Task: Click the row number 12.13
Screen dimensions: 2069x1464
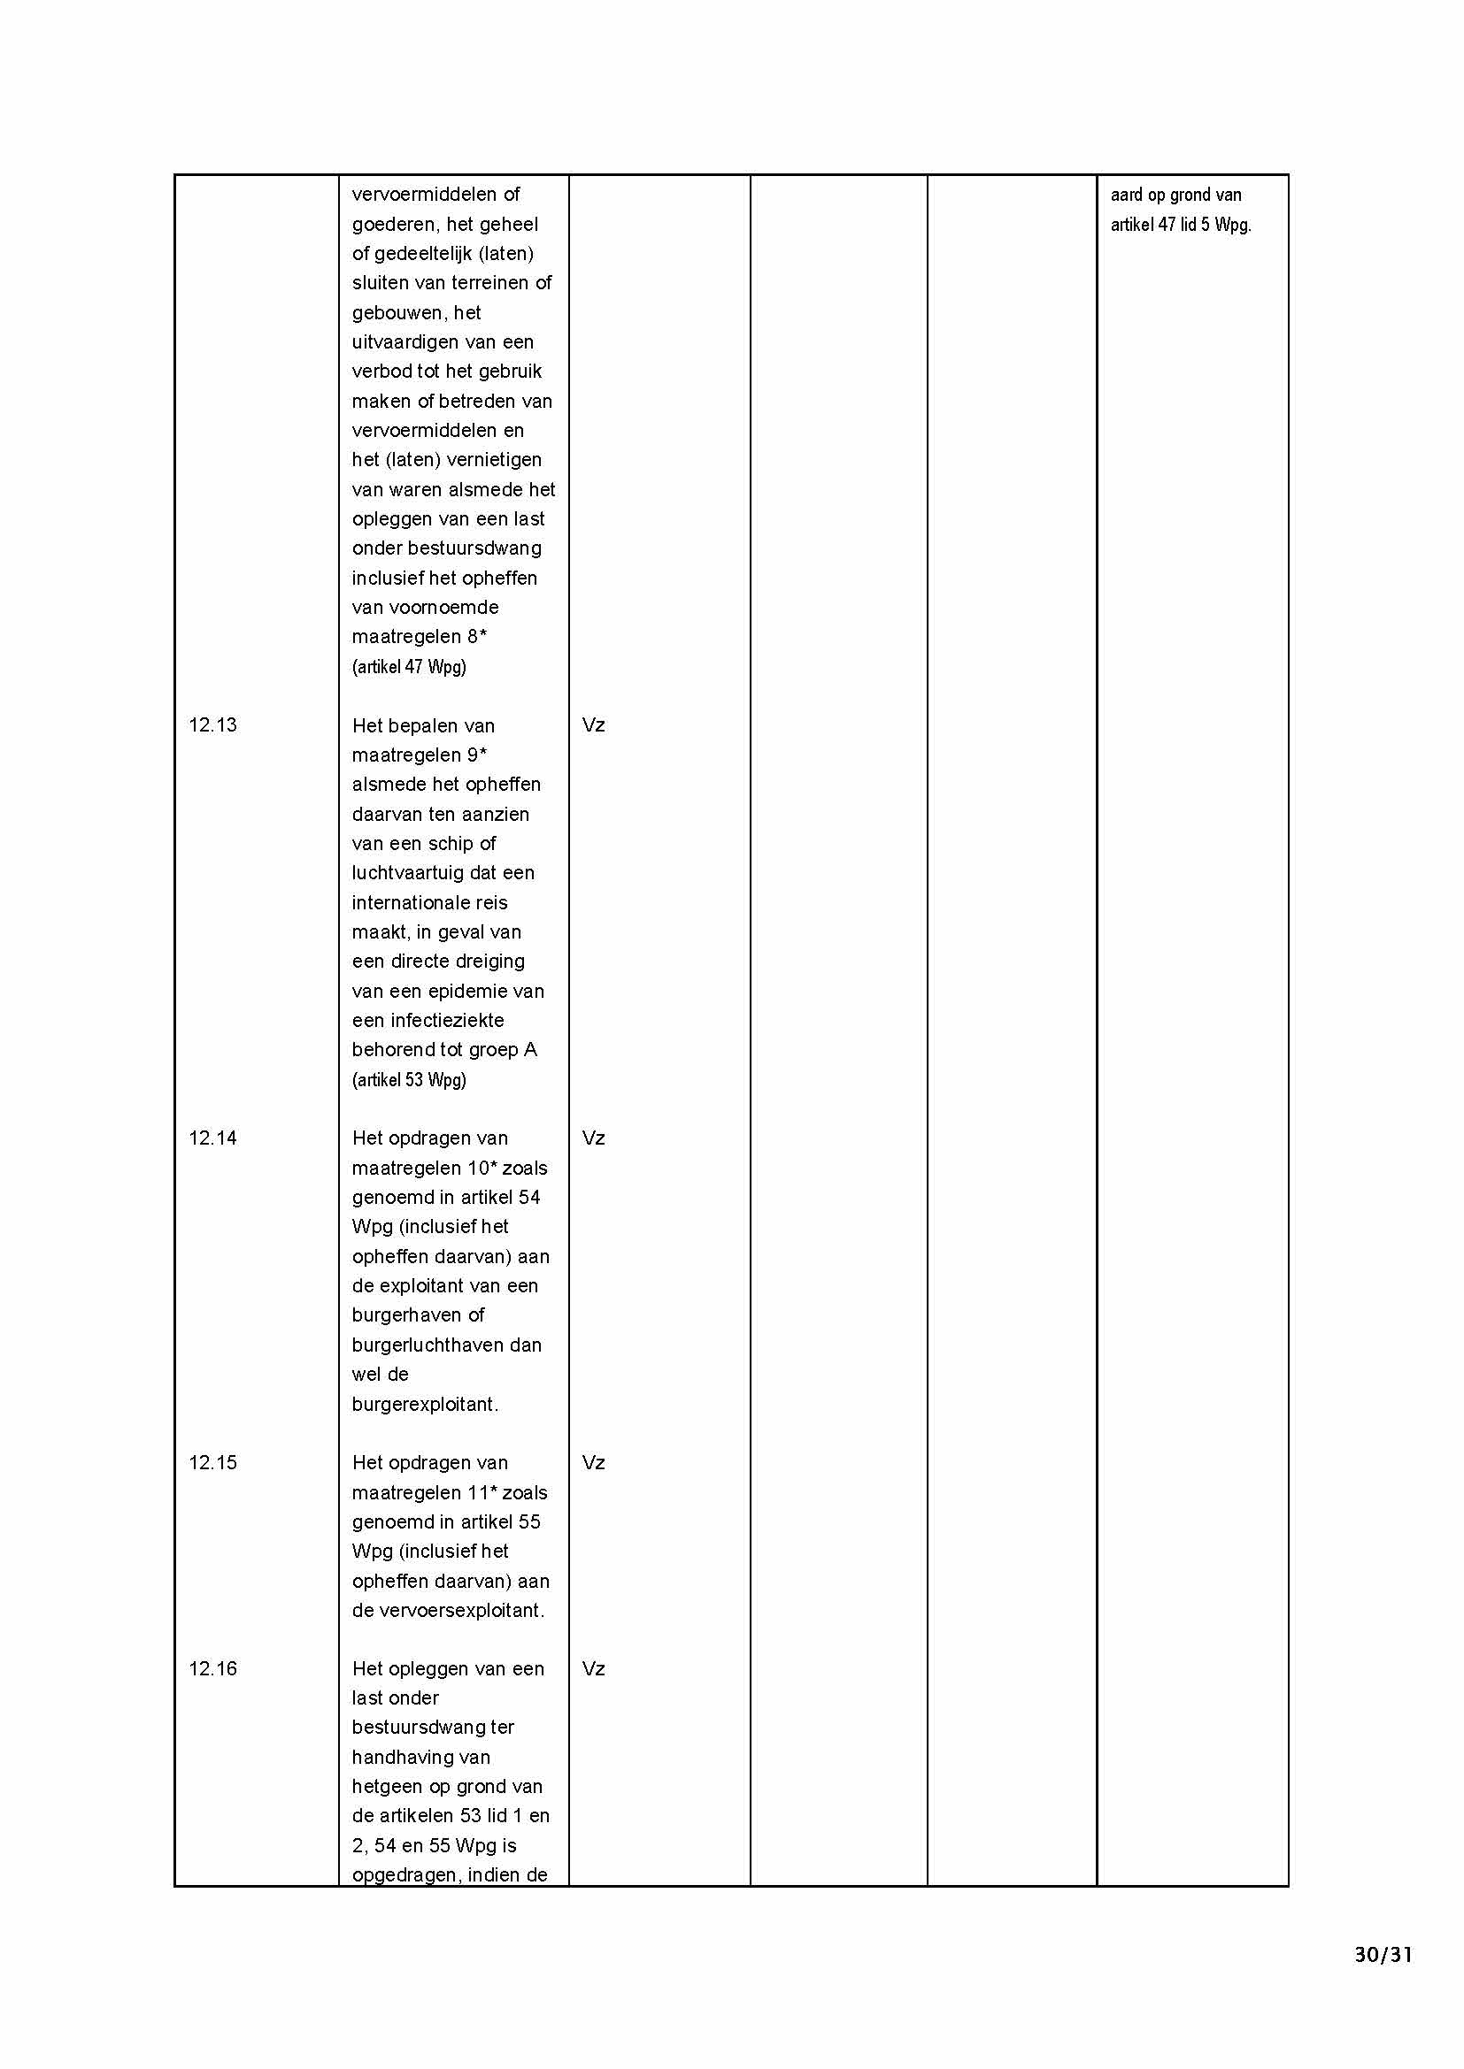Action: pos(212,725)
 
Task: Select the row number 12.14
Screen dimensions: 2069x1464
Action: pos(212,1138)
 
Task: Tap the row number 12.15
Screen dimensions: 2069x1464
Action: pos(212,1462)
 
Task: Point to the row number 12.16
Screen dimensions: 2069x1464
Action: pos(212,1669)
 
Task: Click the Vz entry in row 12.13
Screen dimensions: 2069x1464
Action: pos(593,725)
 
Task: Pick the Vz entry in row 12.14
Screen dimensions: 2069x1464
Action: pos(593,1138)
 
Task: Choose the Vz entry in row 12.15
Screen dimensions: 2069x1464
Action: pos(593,1462)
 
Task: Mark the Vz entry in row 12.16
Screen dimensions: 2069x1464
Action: pos(593,1669)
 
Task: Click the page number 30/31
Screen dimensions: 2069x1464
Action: pos(1383,1955)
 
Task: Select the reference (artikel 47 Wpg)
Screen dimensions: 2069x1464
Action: pos(409,667)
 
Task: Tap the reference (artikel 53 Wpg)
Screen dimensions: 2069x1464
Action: pos(409,1079)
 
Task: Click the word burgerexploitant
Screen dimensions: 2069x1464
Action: pos(424,1404)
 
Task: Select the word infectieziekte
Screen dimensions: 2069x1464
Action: pos(428,1021)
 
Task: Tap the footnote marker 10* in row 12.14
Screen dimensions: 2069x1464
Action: pos(483,1169)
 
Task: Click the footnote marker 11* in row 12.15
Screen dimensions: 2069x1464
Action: pos(483,1493)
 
